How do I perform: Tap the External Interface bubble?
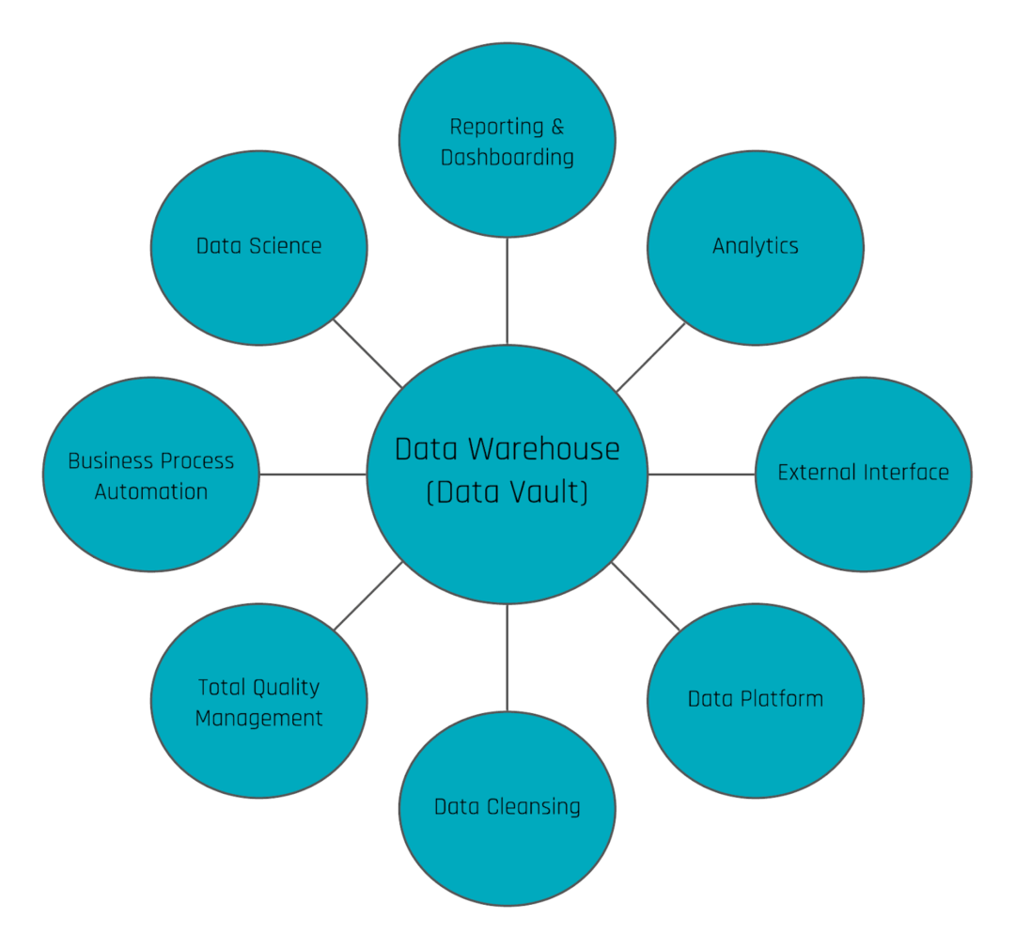click(863, 474)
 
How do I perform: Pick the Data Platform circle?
click(756, 700)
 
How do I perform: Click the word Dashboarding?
click(507, 157)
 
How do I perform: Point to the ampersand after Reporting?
click(558, 127)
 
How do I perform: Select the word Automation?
click(150, 491)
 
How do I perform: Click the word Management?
click(258, 719)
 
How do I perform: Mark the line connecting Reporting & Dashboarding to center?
click(507, 291)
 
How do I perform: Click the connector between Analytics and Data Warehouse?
click(650, 357)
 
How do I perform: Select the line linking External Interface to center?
click(701, 474)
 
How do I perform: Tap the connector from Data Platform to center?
click(646, 596)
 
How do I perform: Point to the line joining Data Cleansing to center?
click(507, 658)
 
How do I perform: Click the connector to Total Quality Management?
click(368, 596)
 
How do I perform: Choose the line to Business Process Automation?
click(312, 474)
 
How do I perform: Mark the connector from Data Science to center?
click(368, 353)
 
